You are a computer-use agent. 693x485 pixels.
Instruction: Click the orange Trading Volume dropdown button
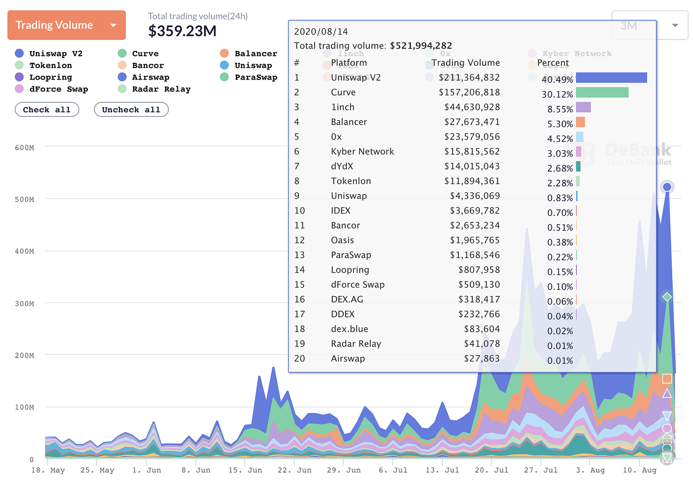click(x=66, y=25)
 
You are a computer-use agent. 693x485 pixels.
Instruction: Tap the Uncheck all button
click(x=131, y=110)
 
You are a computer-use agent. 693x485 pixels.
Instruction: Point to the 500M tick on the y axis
click(x=25, y=200)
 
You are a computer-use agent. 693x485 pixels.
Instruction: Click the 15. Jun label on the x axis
click(x=245, y=470)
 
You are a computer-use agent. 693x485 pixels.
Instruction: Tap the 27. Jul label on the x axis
click(x=541, y=470)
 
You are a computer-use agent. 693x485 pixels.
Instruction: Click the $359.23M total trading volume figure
click(x=182, y=31)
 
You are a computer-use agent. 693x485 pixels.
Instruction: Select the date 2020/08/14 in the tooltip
click(x=321, y=32)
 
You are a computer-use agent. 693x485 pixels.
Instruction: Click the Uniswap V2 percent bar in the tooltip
click(x=611, y=78)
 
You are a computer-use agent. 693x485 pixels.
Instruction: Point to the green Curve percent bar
click(x=602, y=92)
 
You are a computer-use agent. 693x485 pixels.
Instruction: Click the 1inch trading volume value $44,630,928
click(x=472, y=107)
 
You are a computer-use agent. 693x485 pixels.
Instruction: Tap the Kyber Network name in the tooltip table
click(x=362, y=152)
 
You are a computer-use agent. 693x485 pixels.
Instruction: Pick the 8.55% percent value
click(x=560, y=109)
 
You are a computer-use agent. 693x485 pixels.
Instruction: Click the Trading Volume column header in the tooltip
click(x=465, y=63)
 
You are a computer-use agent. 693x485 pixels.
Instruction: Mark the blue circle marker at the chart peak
click(x=667, y=187)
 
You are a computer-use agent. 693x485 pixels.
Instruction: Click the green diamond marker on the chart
click(x=667, y=297)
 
